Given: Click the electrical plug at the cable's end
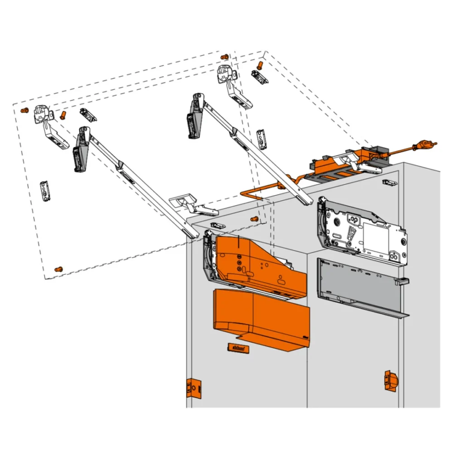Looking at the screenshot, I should pos(426,145).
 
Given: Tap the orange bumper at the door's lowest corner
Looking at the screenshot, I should pos(58,269).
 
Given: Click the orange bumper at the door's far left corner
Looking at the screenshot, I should pos(24,110).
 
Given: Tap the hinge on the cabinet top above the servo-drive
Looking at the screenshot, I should pos(193,204).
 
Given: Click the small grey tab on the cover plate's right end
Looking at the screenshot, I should pos(401,281).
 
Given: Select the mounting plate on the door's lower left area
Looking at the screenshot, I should pos(45,191).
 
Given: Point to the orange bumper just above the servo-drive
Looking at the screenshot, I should pos(255,219).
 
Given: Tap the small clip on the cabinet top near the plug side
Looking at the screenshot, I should pos(389,183).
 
